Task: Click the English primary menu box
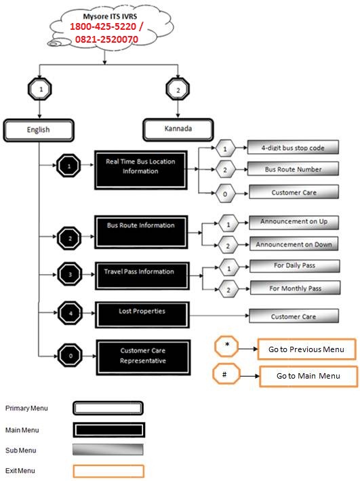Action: (x=39, y=130)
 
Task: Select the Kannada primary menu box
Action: (x=178, y=129)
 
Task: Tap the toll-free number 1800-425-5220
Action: (x=103, y=26)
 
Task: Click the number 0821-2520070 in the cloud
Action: (x=106, y=39)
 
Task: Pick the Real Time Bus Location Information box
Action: (x=141, y=170)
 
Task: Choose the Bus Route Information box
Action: (x=141, y=232)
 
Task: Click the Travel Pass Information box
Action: (x=142, y=275)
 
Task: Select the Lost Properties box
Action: (x=142, y=315)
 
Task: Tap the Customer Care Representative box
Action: (x=143, y=358)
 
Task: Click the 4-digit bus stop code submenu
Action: (x=293, y=147)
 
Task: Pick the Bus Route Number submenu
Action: (x=293, y=169)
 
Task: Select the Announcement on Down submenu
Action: (x=294, y=244)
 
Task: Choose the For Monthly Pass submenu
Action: (x=296, y=288)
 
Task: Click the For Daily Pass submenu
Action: (x=295, y=266)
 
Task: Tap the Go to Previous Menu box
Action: (x=306, y=349)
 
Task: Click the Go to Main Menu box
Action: (x=308, y=376)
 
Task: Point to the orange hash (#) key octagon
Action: (x=226, y=374)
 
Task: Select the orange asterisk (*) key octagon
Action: (x=226, y=346)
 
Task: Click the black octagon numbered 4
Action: (x=71, y=313)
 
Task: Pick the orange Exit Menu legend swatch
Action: (x=108, y=472)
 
